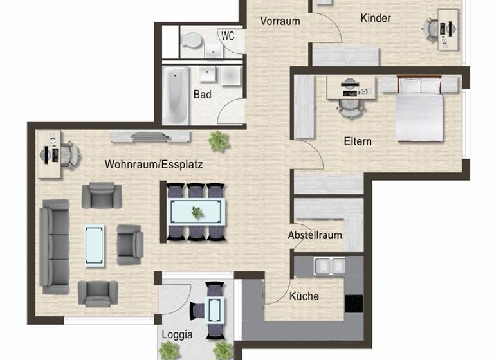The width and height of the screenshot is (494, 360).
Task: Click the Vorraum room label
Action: pos(280,21)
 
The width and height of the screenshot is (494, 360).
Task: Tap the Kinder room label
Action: pos(376,18)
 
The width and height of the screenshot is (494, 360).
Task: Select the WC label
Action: pos(228,36)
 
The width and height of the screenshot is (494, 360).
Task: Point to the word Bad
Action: pos(203,94)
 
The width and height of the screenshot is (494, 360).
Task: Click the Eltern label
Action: pos(358,141)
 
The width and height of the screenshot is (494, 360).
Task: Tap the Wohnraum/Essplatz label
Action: pos(154,165)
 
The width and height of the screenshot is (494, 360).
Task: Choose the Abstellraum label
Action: pos(315,235)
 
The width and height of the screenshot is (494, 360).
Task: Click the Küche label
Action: pos(304,296)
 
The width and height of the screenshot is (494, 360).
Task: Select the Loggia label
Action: pos(177,334)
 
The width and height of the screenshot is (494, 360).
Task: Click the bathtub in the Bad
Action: pos(176,96)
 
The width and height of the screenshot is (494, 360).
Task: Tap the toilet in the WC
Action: pos(191,41)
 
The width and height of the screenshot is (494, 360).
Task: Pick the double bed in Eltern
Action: pos(419,109)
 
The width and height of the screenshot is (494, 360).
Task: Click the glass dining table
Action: pos(196,211)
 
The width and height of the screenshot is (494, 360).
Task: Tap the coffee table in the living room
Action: pos(95,245)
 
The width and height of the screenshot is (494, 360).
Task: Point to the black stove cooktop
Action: pos(354,303)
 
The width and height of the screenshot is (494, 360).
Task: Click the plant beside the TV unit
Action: pos(219,139)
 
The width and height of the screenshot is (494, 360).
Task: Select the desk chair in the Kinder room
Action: pos(432,28)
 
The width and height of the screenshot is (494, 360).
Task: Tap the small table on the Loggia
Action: pos(214,310)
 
